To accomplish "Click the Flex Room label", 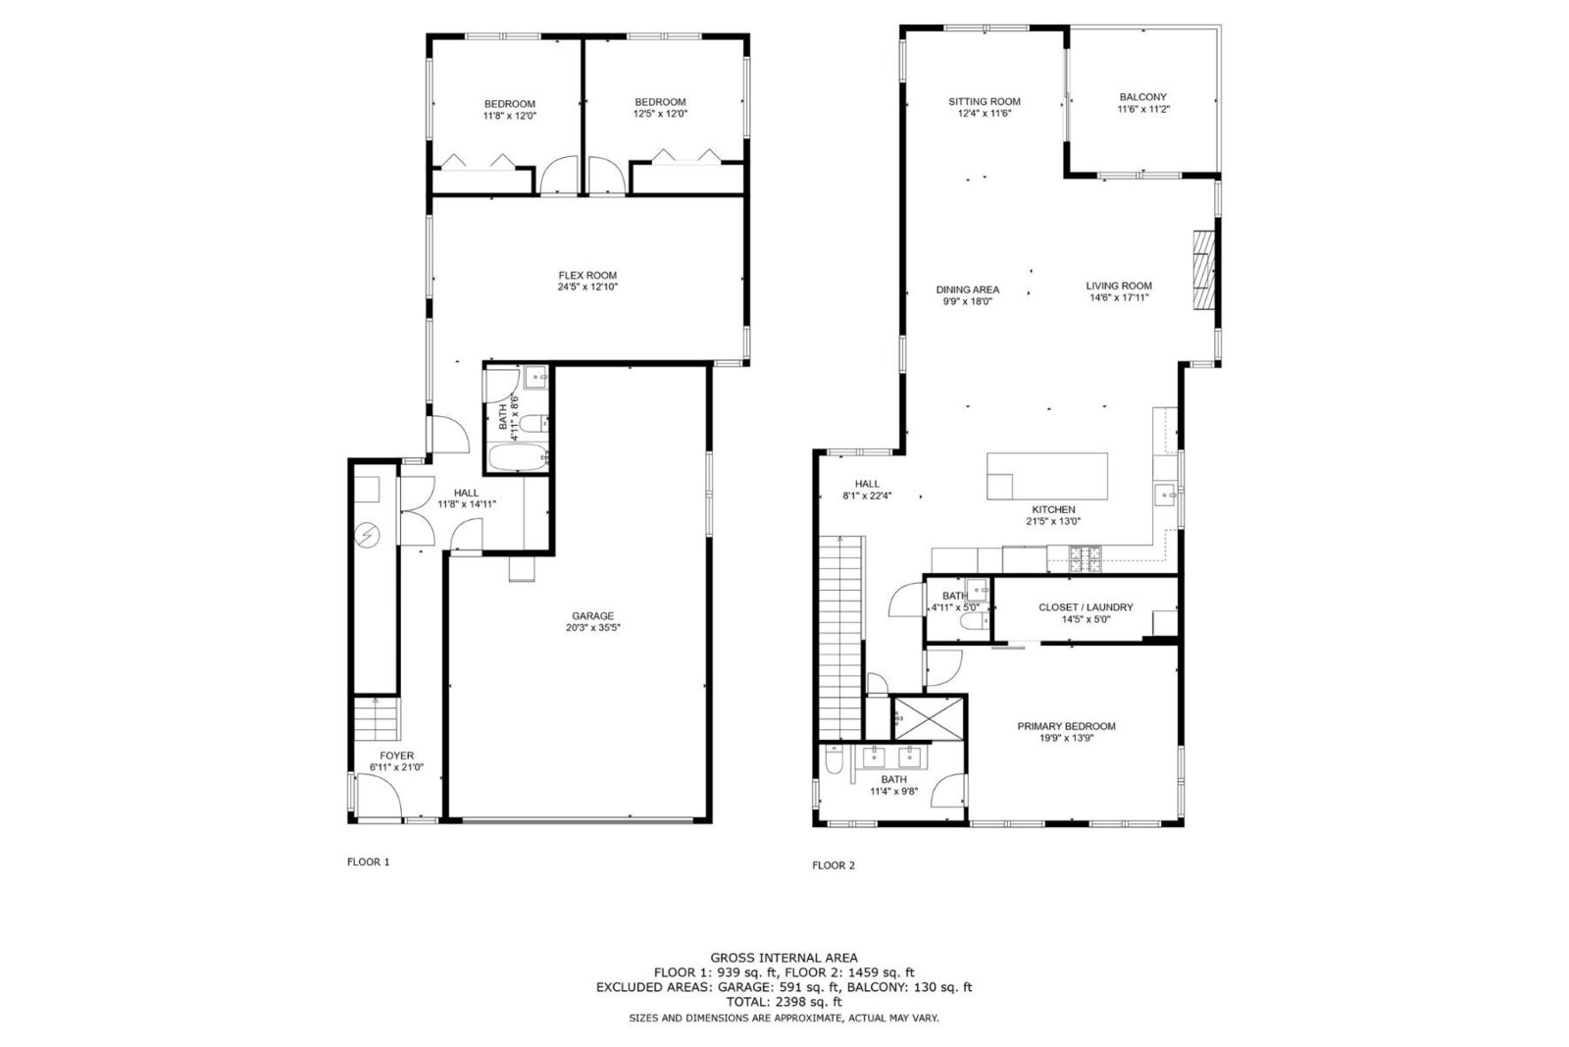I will point(587,276).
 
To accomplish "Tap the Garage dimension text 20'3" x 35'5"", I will point(593,627).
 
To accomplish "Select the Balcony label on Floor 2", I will point(1142,97).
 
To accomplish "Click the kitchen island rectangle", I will point(1047,476).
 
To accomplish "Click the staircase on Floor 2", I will point(841,638).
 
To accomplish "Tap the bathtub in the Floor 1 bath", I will point(517,457).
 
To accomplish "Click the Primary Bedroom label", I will point(1066,726).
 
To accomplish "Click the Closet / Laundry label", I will point(1086,607).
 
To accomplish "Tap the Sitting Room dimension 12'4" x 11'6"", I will point(984,113).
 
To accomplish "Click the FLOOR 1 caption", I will point(369,863).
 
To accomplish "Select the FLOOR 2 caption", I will point(834,865).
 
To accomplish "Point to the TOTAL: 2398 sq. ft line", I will point(784,1002).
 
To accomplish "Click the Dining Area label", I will point(967,289).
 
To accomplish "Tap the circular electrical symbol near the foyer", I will point(368,535).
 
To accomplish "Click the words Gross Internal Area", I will point(784,958).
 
